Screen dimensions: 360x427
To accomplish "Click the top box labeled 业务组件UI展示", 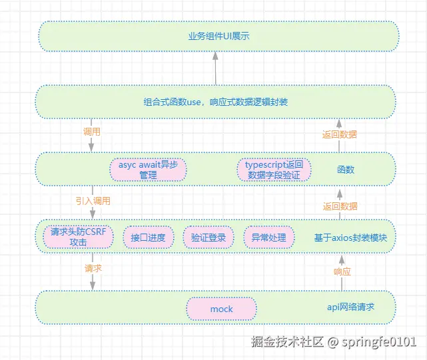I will coord(217,36).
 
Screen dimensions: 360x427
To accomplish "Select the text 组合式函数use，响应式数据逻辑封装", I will coord(216,102).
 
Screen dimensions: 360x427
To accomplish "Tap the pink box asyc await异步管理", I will coord(148,170).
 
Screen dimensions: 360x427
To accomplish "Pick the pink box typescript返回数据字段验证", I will coord(273,170).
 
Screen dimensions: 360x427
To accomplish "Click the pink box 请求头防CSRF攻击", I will coord(79,238).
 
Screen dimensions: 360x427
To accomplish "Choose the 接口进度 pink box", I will coord(148,238).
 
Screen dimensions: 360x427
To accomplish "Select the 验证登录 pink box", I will coord(208,238).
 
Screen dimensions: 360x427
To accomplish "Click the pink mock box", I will coord(221,309).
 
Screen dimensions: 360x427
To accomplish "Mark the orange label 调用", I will coord(91,132).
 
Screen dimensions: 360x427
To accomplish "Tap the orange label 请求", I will coord(93,270).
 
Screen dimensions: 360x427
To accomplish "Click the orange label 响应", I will coord(342,271).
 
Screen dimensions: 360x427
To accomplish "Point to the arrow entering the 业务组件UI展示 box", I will coord(216,67).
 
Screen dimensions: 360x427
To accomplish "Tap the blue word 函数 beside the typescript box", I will coord(345,170).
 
